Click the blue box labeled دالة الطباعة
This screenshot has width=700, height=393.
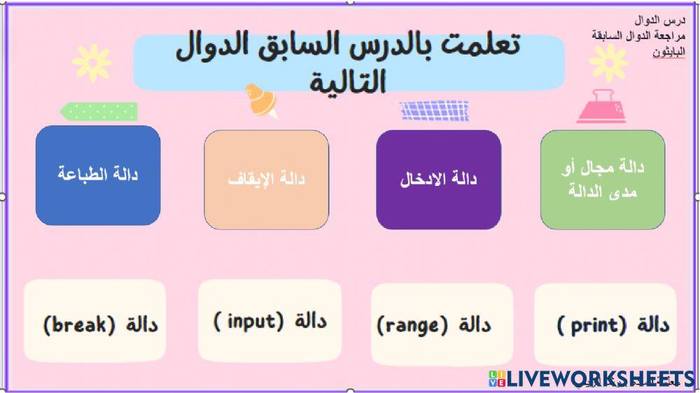(98, 175)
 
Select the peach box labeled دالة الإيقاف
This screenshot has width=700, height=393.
(267, 180)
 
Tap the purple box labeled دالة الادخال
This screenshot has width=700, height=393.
(439, 180)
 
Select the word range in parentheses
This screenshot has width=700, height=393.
(412, 325)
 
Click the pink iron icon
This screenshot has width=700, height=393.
(601, 106)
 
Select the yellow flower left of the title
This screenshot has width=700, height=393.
(91, 63)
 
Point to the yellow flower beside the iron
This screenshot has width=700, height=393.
(608, 63)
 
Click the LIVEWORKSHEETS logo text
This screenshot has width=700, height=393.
(601, 380)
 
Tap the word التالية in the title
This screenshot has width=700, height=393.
(348, 82)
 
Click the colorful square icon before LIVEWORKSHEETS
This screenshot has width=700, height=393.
(496, 379)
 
